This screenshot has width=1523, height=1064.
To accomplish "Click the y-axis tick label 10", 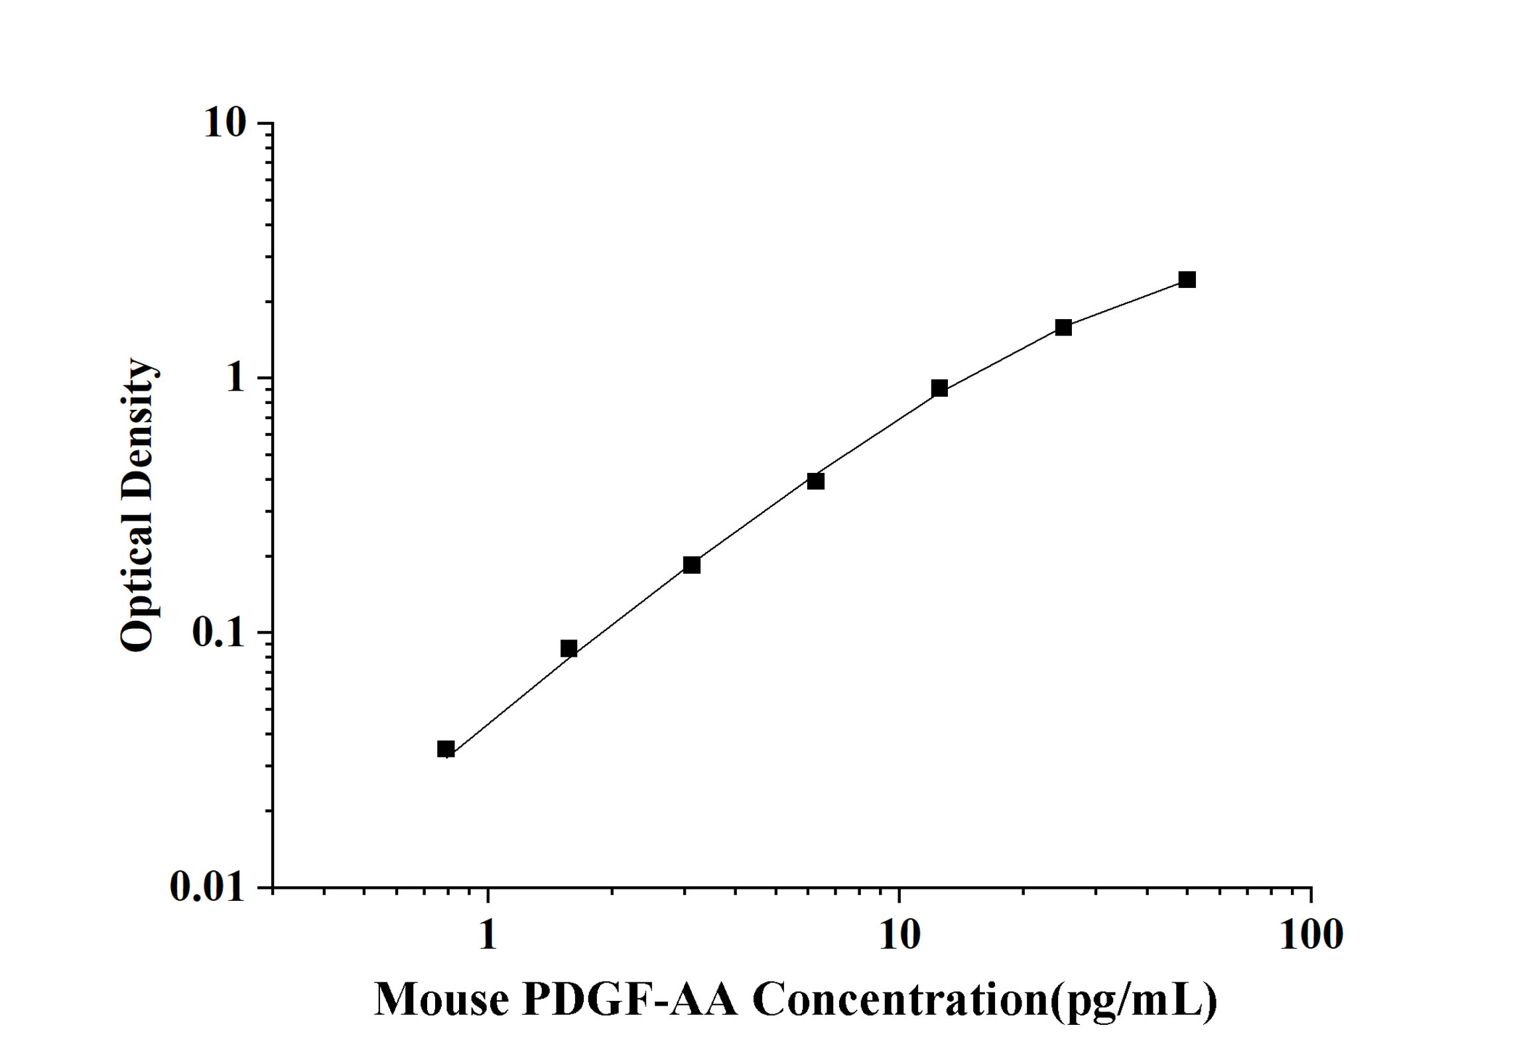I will click(224, 123).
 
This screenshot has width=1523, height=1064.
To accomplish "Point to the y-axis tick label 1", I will click(235, 378).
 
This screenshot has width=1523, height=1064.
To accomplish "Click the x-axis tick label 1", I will click(488, 935).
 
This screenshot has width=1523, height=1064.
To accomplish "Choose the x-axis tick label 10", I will click(899, 935).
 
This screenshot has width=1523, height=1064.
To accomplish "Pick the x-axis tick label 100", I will click(1311, 935).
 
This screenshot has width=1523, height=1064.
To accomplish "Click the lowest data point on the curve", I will click(446, 750).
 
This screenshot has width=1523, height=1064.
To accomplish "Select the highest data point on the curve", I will click(1187, 279).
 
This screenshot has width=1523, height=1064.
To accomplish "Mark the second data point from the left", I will click(568, 648).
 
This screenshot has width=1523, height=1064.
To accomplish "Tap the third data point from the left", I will click(692, 565).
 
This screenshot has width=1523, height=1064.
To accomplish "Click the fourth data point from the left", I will click(816, 481).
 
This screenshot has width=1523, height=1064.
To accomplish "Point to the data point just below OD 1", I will click(939, 388).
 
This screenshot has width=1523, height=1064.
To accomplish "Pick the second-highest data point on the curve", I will click(1063, 327).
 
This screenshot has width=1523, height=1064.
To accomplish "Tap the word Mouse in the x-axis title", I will click(442, 999).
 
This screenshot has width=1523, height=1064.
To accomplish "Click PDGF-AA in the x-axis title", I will click(630, 999).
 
